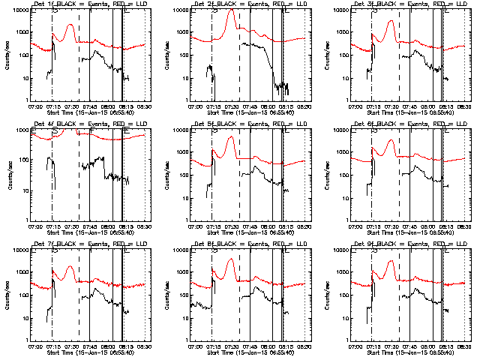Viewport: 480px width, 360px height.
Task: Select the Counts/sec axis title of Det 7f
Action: pyautogui.click(x=7, y=295)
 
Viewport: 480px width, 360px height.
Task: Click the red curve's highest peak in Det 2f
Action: pyautogui.click(x=231, y=10)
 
